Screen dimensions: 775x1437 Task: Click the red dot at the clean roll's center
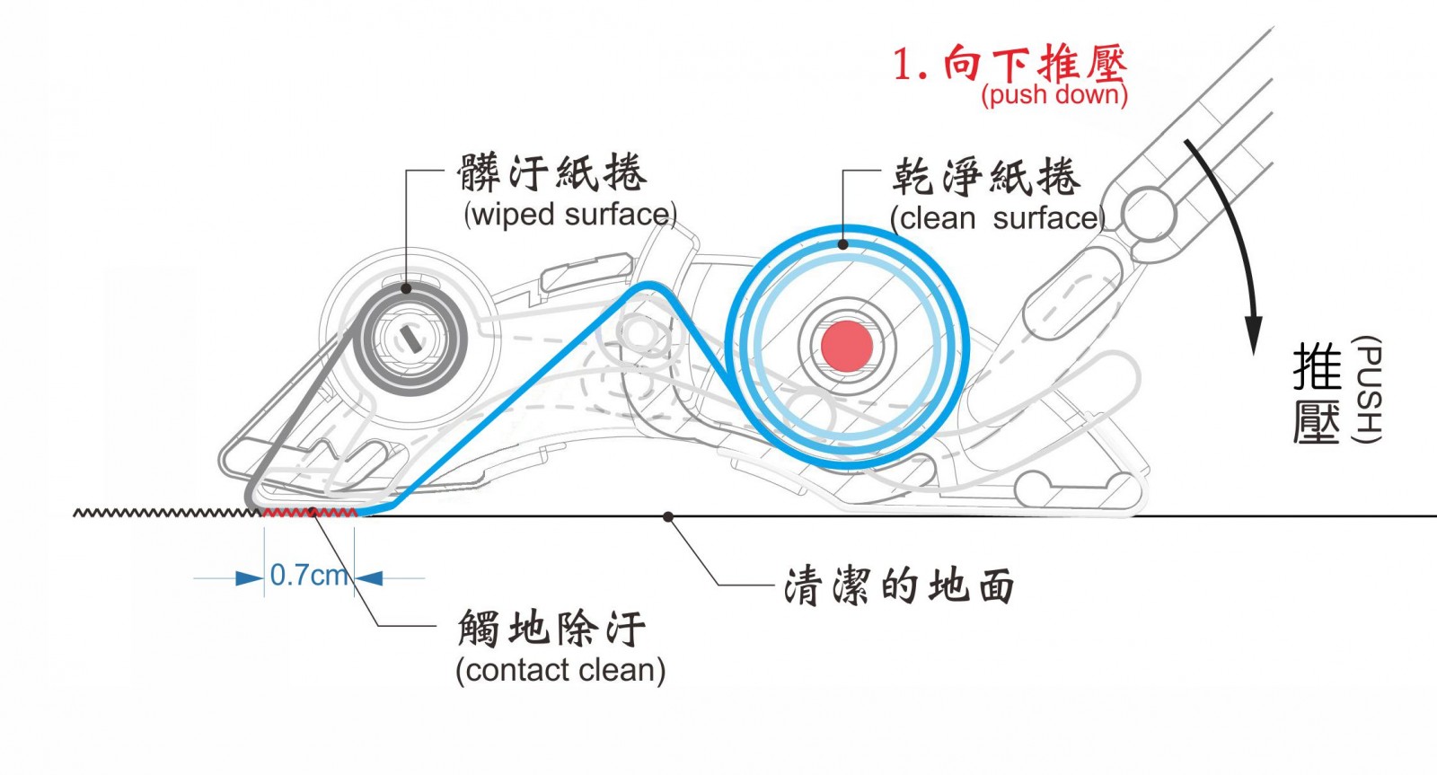click(x=847, y=346)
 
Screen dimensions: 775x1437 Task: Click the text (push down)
click(x=1054, y=94)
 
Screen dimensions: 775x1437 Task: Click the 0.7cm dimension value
click(x=309, y=575)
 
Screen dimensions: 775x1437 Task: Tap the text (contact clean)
click(x=560, y=670)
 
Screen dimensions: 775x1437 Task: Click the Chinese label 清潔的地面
click(x=899, y=586)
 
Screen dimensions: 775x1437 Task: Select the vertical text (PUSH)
click(x=1366, y=390)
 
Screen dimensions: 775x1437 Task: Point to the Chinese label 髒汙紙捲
click(x=551, y=172)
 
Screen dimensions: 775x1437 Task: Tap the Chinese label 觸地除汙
click(x=551, y=629)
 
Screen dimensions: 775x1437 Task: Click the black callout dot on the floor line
click(x=667, y=516)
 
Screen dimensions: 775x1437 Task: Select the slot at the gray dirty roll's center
click(x=412, y=339)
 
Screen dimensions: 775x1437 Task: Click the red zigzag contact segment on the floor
click(x=310, y=513)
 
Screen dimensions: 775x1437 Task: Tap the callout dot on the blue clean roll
click(x=843, y=243)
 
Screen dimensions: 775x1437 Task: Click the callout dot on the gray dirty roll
click(x=406, y=288)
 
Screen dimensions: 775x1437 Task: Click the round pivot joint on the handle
click(x=1146, y=214)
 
